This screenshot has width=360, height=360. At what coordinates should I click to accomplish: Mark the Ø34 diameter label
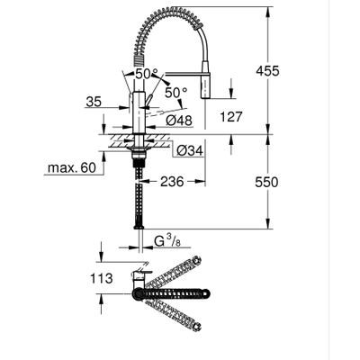point(189,149)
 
